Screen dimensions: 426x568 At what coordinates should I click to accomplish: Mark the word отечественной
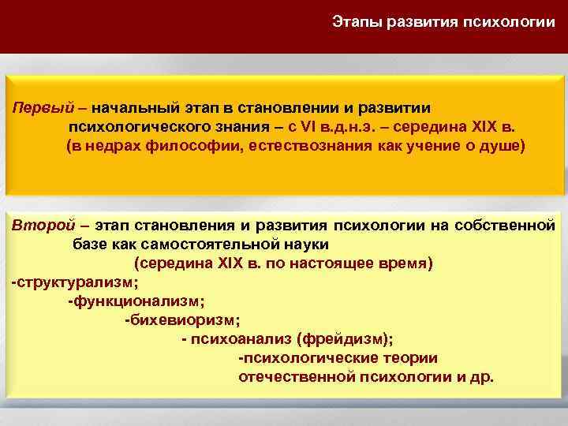293,376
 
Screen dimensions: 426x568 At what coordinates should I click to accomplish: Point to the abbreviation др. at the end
482,376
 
